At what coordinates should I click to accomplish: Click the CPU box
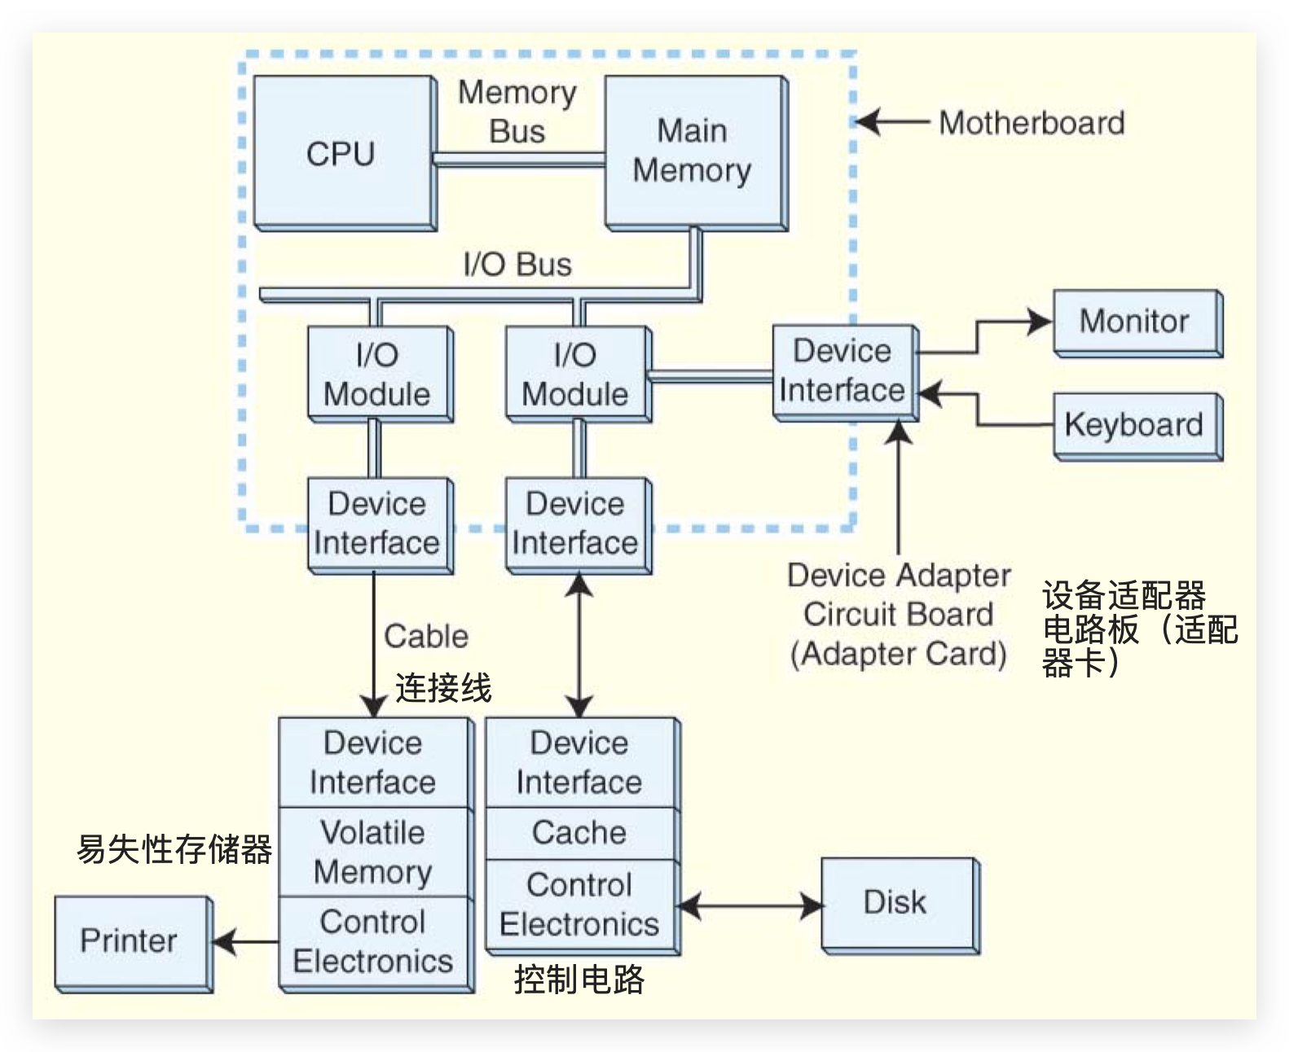point(342,153)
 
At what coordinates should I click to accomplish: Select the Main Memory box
point(693,151)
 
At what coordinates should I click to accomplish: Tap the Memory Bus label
point(517,112)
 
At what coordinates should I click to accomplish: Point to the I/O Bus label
point(517,265)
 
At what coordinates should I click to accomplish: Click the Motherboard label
point(1032,123)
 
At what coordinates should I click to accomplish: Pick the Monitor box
point(1136,322)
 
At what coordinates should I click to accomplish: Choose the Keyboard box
point(1136,425)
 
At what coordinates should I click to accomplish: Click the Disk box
point(898,903)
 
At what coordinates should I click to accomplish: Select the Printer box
point(130,941)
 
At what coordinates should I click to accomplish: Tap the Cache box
point(579,833)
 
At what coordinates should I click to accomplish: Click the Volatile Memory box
point(373,852)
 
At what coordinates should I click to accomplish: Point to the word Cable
point(426,636)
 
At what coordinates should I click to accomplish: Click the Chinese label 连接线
point(443,688)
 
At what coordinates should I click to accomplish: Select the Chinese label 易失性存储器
point(174,849)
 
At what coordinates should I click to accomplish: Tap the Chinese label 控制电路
point(579,980)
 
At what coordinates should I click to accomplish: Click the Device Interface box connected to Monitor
point(842,371)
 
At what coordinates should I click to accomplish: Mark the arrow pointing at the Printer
point(243,942)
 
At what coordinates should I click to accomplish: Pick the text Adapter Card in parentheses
point(899,654)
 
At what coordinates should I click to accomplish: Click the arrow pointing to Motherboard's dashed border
point(893,123)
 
